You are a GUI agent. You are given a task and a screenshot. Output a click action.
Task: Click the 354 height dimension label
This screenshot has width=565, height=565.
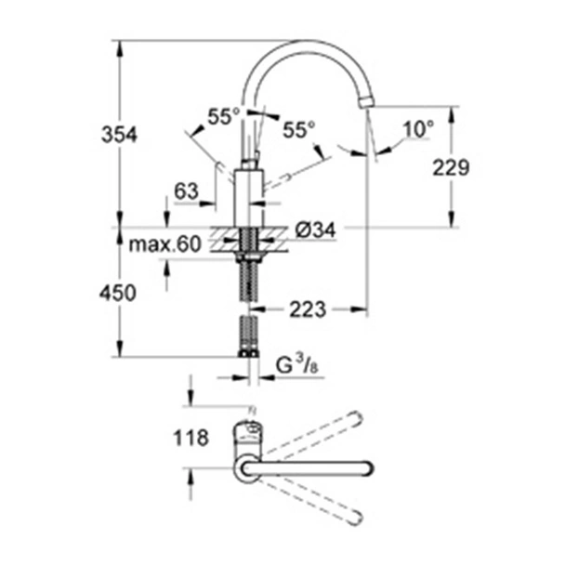pyautogui.click(x=119, y=135)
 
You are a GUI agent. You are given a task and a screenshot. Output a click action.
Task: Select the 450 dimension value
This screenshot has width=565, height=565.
pyautogui.click(x=119, y=293)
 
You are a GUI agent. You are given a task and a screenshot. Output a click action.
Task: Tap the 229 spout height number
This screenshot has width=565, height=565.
pyautogui.click(x=447, y=167)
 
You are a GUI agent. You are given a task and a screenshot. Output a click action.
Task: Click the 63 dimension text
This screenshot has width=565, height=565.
pyautogui.click(x=187, y=191)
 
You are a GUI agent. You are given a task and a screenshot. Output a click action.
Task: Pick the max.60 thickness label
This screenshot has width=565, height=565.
pyautogui.click(x=165, y=245)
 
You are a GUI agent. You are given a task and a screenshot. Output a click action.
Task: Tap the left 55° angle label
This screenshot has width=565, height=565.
pyautogui.click(x=224, y=117)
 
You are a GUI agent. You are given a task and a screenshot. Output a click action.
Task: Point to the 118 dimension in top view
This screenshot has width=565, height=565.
pyautogui.click(x=190, y=438)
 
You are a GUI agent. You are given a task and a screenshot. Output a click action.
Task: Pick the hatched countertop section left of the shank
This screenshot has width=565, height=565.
pyautogui.click(x=223, y=238)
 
